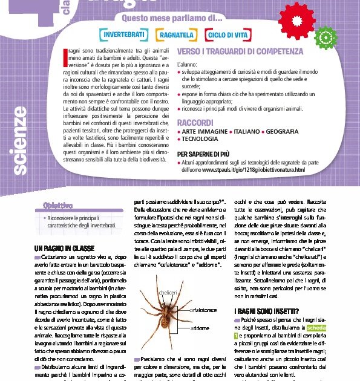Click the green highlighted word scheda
pyautogui.click(x=332, y=327)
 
